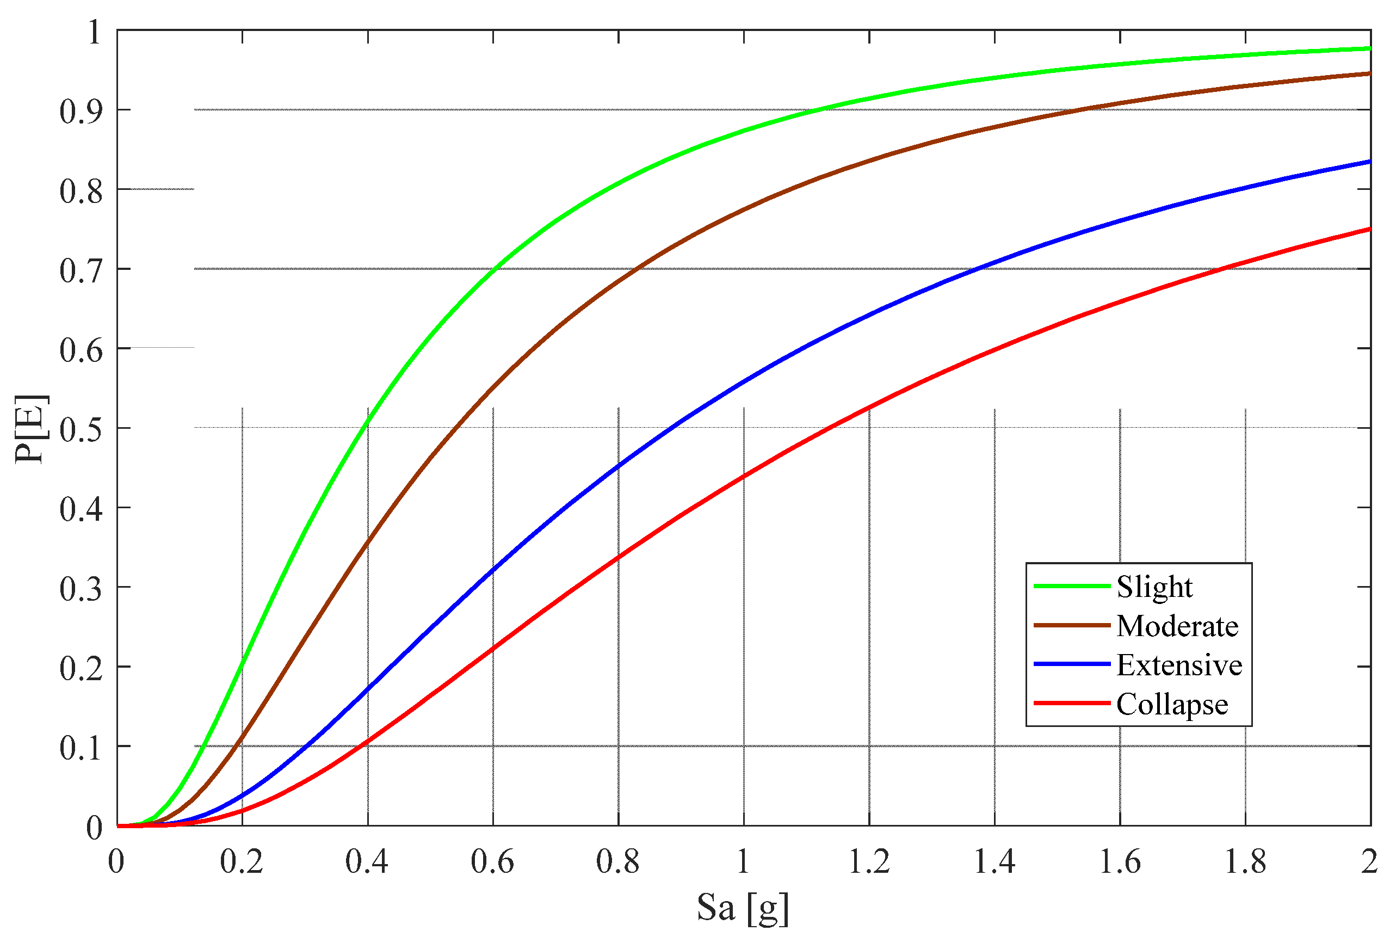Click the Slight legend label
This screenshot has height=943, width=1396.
(x=1154, y=587)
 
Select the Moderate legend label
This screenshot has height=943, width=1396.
(x=1177, y=626)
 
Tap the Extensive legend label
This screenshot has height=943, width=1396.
(x=1178, y=665)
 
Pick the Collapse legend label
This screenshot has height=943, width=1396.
(x=1171, y=704)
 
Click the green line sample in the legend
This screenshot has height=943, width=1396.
(x=1071, y=585)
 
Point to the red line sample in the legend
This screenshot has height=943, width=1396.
(x=1071, y=702)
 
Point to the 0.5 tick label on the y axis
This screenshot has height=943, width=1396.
(x=81, y=429)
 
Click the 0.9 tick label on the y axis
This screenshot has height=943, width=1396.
(x=81, y=111)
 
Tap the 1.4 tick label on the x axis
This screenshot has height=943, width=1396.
(x=993, y=861)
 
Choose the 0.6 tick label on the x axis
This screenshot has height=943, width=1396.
(x=492, y=861)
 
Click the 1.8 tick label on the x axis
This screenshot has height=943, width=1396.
(x=1245, y=861)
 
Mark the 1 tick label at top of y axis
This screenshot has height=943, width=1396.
(x=94, y=32)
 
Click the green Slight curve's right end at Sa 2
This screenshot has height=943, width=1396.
(x=1368, y=48)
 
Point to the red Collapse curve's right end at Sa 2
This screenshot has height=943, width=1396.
(x=1368, y=229)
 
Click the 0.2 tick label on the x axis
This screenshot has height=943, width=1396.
(x=242, y=861)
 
